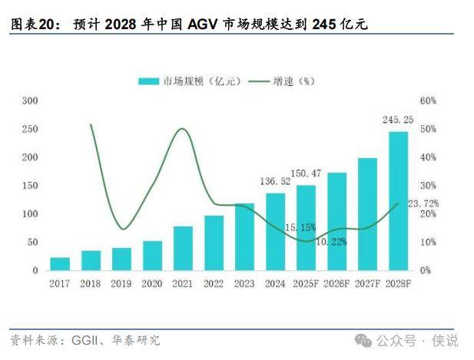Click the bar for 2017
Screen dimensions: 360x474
(x=60, y=263)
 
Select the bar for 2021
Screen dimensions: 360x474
(x=183, y=248)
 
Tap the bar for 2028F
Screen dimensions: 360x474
(x=398, y=201)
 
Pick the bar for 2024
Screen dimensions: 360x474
(x=275, y=232)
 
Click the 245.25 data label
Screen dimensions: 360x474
(x=398, y=120)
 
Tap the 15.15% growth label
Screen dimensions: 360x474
(x=300, y=227)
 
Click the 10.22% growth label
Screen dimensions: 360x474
(x=330, y=241)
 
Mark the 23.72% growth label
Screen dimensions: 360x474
(x=423, y=203)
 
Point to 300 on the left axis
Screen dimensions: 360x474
(x=30, y=101)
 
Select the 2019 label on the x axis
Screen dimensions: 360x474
(x=121, y=284)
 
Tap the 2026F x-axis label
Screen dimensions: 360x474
(x=336, y=284)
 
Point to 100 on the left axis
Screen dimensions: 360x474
(x=30, y=214)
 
